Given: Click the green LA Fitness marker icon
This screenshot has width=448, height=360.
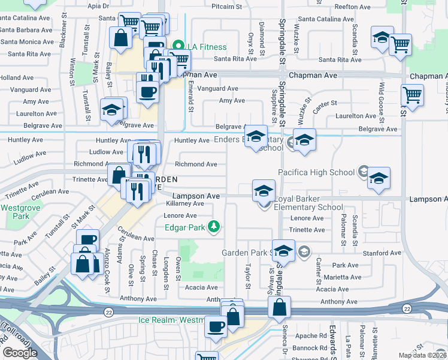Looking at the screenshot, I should coord(177,46).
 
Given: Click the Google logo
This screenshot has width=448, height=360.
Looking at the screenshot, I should coord(19,353).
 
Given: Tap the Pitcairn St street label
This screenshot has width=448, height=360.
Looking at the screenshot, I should coord(226,7).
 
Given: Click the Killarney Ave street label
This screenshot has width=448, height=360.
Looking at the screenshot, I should coord(184,203).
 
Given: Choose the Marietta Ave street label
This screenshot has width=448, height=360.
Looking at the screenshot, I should coord(343,277).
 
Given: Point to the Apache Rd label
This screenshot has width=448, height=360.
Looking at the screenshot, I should coord(305,337).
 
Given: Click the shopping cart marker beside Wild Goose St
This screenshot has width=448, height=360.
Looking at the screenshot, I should coord(412,95).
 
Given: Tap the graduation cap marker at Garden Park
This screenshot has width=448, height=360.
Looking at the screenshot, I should coord(284,250).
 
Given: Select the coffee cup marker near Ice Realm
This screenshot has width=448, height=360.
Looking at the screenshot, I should coord(216,326).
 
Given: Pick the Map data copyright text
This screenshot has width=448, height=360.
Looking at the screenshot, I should coord(422,355).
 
